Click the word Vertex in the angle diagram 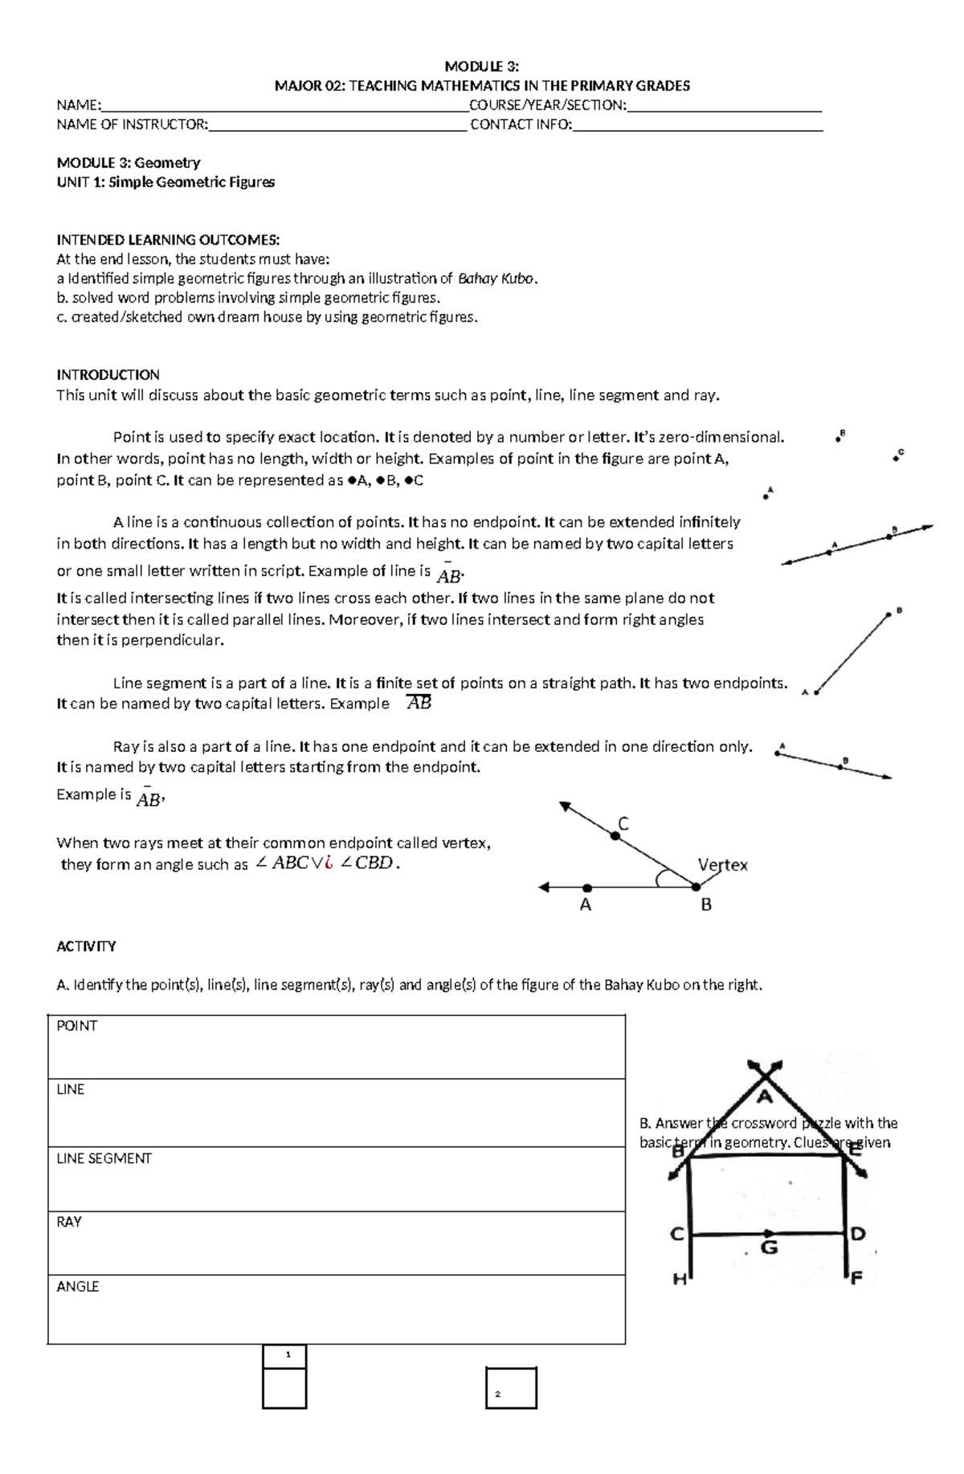click(722, 865)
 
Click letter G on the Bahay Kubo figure click(769, 1247)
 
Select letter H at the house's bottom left click(680, 1280)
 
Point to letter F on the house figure click(856, 1279)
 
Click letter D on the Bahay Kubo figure click(857, 1233)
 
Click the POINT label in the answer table click(76, 1026)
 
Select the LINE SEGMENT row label click(104, 1158)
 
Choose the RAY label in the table click(69, 1222)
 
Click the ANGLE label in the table click(77, 1286)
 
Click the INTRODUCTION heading click(108, 375)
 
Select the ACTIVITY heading click(86, 946)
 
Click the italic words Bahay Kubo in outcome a click(495, 279)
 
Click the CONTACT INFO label click(521, 125)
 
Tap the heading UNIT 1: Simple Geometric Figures click(165, 182)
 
